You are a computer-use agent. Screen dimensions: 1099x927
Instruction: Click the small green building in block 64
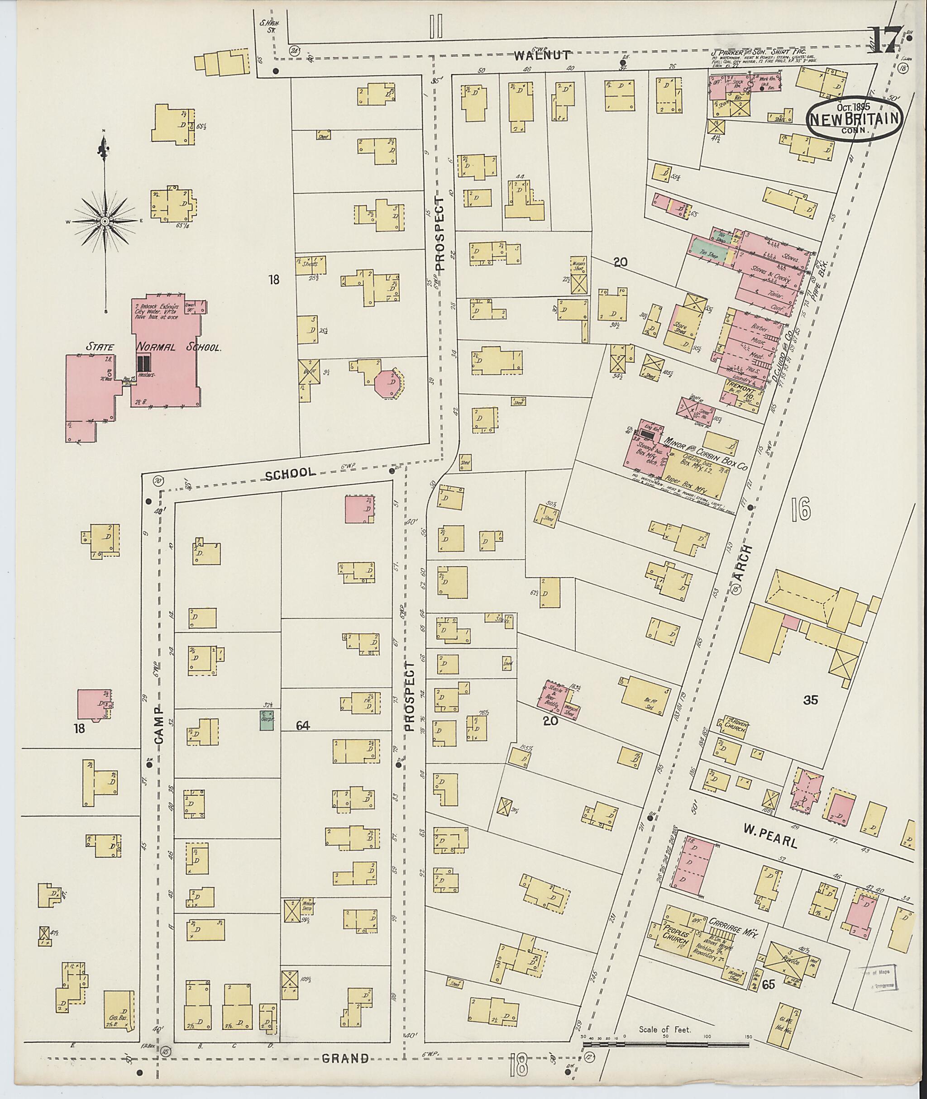pyautogui.click(x=268, y=720)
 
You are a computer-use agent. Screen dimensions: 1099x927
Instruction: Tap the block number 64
pyautogui.click(x=303, y=726)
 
